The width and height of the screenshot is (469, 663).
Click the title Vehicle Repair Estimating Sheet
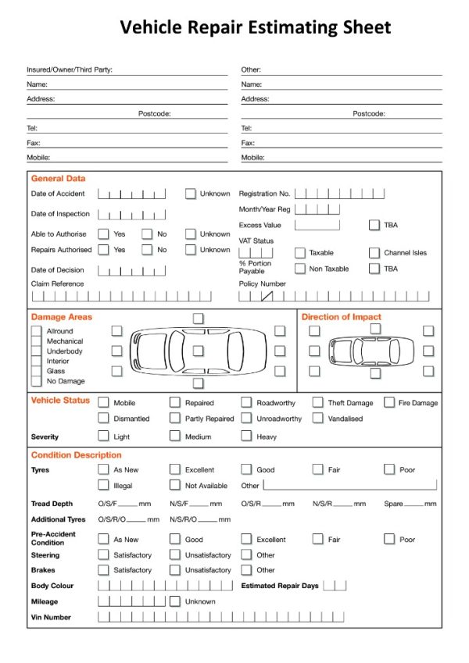255,27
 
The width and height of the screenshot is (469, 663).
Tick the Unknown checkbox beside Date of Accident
190,194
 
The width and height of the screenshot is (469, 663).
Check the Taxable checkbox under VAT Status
299,253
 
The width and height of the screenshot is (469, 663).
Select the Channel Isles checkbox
374,253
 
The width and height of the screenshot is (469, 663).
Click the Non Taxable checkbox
299,269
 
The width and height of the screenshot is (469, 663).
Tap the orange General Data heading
58,179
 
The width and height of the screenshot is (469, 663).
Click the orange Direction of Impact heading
342,317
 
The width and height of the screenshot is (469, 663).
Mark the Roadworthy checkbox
246,402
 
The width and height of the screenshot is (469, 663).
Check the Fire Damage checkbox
389,402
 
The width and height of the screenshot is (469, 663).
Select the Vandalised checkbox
317,418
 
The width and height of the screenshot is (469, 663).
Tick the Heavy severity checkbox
246,437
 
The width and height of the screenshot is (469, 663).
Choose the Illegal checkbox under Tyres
103,485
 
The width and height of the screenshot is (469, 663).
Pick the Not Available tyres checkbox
175,485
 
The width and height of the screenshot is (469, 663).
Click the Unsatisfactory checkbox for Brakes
175,570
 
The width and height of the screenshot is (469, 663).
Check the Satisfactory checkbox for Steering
103,554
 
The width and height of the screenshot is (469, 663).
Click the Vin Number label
51,617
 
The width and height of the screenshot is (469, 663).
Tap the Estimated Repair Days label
280,586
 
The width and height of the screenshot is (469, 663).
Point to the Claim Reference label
57,283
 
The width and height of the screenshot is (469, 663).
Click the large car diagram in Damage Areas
198,351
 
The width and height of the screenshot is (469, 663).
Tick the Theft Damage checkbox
317,402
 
